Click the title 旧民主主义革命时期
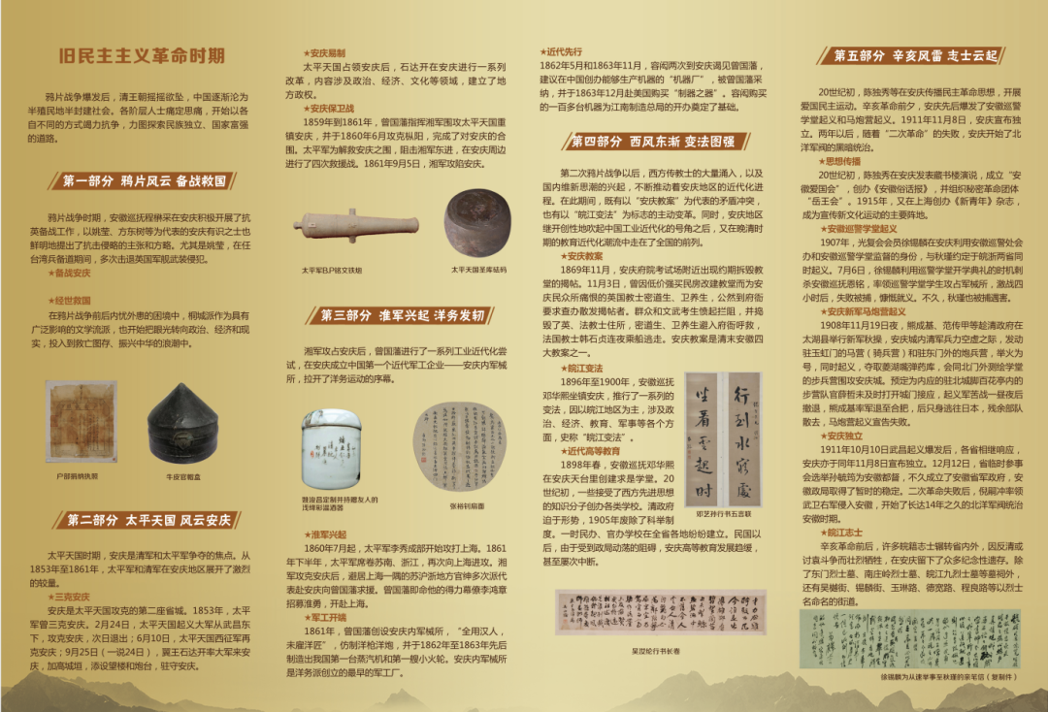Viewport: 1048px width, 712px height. point(142,55)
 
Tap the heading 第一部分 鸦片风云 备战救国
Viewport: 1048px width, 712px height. point(145,180)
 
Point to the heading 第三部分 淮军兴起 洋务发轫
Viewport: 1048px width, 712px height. point(403,315)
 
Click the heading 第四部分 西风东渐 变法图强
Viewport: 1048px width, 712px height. point(652,142)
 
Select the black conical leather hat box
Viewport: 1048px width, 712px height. point(182,424)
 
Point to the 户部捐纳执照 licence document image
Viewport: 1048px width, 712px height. point(81,422)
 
